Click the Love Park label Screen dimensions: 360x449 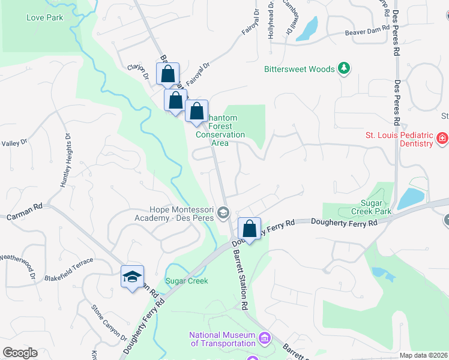44,17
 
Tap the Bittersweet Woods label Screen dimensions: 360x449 300,69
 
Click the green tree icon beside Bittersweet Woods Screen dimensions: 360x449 344,69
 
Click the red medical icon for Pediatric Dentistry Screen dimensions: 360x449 442,139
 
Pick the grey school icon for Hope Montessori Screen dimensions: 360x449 223,212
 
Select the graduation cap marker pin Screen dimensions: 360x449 132,277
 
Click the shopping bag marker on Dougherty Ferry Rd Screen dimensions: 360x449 249,229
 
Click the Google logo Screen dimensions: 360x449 20,353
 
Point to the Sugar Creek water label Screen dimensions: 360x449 186,281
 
